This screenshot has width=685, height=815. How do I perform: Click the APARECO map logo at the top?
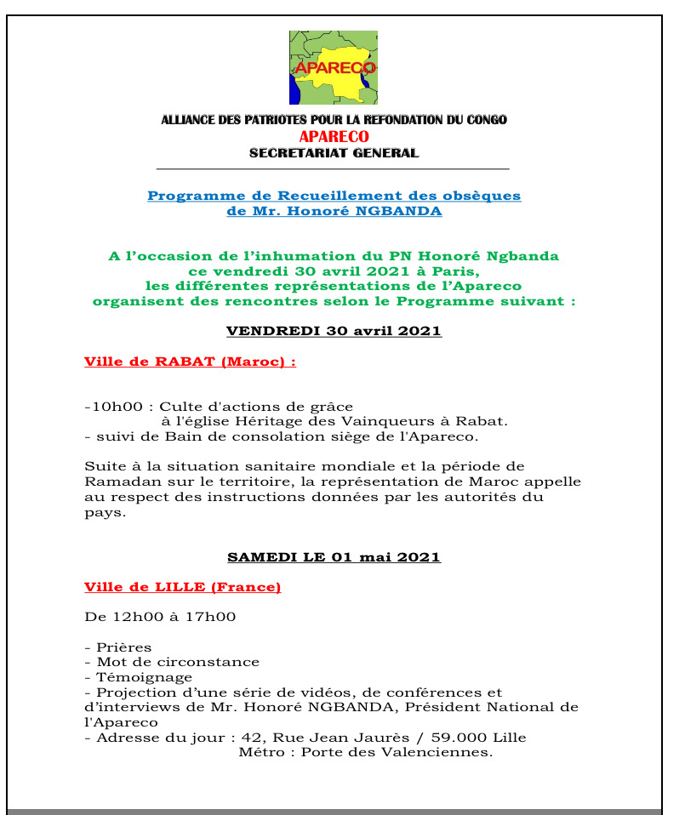tap(334, 67)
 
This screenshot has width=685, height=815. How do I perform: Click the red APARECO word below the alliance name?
tap(334, 136)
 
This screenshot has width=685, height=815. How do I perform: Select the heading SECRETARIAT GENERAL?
tap(334, 153)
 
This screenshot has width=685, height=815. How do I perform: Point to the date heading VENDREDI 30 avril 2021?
tap(334, 331)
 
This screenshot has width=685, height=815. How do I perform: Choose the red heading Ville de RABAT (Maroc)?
tap(190, 362)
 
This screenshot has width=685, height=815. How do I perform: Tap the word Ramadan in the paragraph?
tap(117, 482)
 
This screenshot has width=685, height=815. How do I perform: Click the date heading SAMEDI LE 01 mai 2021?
tap(334, 557)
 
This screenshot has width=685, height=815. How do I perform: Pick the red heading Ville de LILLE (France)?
tap(182, 587)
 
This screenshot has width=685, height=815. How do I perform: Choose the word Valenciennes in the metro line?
tap(442, 752)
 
